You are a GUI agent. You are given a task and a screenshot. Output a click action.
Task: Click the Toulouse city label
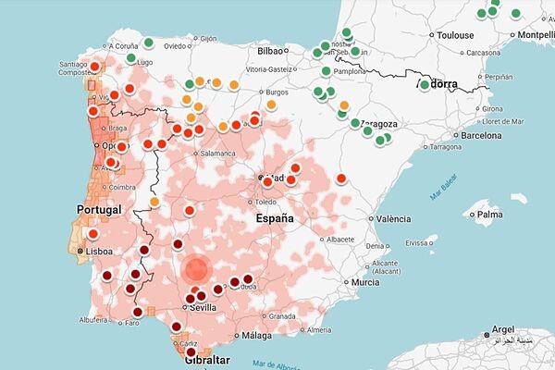click(x=456, y=35)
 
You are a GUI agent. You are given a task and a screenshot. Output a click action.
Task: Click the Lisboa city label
click(x=102, y=250)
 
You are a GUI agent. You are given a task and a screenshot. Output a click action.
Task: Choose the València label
click(x=394, y=219)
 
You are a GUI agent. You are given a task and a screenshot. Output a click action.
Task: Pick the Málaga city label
click(x=260, y=336)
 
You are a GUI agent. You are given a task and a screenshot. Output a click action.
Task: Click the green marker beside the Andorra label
click(x=425, y=85)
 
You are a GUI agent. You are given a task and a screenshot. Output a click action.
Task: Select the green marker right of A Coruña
click(x=148, y=43)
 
